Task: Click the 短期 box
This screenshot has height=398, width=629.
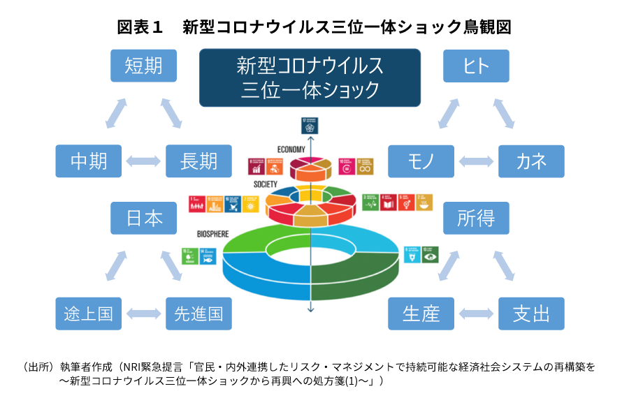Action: click(x=143, y=66)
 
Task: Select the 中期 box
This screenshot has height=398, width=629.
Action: click(x=89, y=161)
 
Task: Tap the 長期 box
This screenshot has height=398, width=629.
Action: click(x=198, y=161)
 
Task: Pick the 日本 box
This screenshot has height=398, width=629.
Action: click(x=143, y=218)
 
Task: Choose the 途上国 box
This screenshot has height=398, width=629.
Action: click(x=89, y=314)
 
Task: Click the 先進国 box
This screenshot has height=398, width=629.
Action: click(x=198, y=314)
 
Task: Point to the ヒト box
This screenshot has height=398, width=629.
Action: click(x=476, y=66)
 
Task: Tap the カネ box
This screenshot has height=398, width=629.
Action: click(x=531, y=161)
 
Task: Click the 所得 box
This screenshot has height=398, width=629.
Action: click(x=476, y=218)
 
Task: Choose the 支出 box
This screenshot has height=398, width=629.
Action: click(x=531, y=314)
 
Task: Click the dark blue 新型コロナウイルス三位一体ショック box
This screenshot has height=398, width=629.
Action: click(x=310, y=78)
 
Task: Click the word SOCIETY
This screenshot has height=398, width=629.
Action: click(x=267, y=185)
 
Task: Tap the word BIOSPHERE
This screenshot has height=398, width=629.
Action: click(x=213, y=235)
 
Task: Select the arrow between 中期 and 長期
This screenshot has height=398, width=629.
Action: click(x=143, y=161)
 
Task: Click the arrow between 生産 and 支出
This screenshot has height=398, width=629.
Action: click(x=476, y=314)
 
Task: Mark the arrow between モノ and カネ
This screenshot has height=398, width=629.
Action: click(x=476, y=161)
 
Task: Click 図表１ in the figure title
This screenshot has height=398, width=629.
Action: click(x=140, y=27)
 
